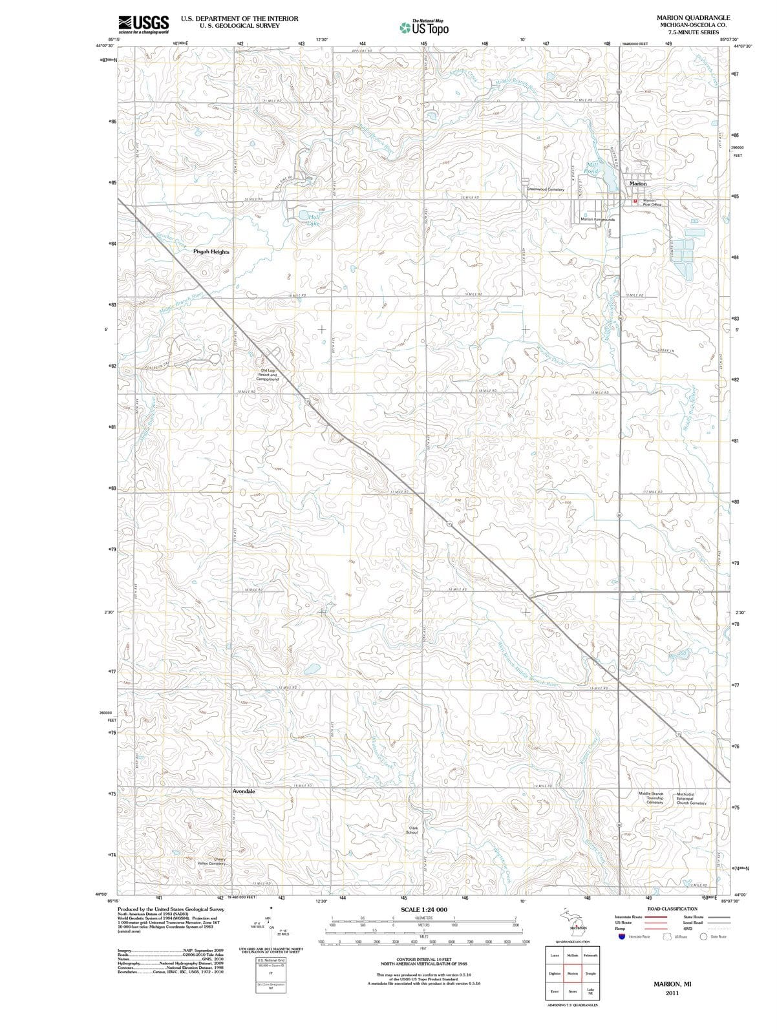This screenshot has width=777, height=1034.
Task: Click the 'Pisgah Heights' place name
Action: (211, 252)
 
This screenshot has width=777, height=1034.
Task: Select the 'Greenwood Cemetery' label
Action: (546, 190)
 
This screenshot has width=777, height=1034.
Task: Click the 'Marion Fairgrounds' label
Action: (598, 220)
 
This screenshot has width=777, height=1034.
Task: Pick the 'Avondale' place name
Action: (244, 791)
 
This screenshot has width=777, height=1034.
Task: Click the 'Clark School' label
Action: (412, 830)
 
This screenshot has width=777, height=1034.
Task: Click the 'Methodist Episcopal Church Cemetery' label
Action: (690, 798)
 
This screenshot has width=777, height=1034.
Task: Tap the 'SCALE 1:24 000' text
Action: (423, 910)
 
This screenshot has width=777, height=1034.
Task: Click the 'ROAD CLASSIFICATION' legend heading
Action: (676, 909)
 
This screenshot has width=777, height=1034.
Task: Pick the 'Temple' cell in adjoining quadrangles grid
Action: (590, 973)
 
